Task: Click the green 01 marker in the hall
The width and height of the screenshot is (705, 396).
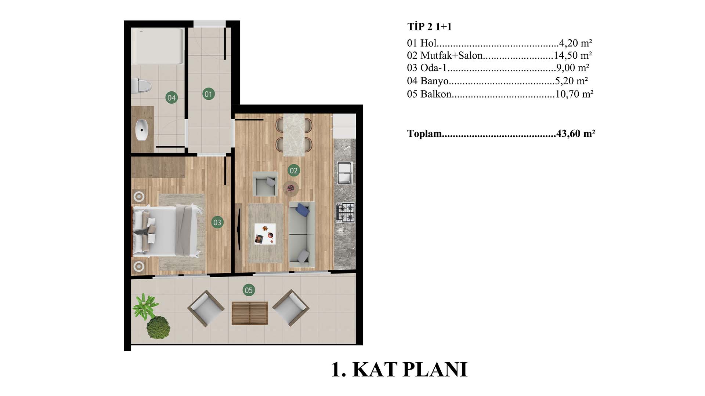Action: coord(208,94)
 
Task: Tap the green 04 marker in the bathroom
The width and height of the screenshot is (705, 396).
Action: coord(171,98)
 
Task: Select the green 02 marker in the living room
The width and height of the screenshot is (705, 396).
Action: coord(293,170)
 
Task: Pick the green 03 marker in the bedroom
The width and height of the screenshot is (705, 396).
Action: coord(217,222)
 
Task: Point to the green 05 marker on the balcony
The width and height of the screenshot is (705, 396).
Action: coord(249,290)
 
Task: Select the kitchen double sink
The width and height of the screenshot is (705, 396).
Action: coord(345,173)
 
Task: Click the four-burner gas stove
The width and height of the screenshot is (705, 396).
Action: coord(346,213)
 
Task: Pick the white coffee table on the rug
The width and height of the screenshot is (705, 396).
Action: coord(265,234)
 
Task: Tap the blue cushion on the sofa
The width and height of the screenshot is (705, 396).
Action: coord(302,210)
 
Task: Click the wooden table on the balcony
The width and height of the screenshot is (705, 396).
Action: coord(250,313)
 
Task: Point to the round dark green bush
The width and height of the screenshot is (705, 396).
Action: coord(158,327)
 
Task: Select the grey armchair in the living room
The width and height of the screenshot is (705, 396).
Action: coord(265,184)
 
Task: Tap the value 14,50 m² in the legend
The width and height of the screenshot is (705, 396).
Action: coord(573,55)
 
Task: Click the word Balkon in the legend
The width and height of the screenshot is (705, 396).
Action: coord(436,94)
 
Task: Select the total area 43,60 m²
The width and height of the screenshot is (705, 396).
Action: coord(575,133)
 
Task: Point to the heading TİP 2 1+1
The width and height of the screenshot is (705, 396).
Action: coord(429,26)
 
